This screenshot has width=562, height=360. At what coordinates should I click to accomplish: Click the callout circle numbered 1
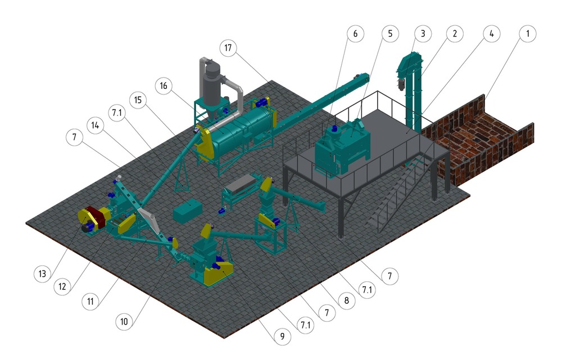[x=527, y=34]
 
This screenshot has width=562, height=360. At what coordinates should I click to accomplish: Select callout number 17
[x=228, y=48]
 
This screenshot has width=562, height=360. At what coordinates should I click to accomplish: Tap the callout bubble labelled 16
[x=164, y=85]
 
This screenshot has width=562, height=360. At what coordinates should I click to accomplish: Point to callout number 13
[x=42, y=274]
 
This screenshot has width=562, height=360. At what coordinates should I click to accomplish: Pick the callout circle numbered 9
[x=282, y=336]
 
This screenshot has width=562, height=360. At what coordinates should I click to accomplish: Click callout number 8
[x=346, y=300]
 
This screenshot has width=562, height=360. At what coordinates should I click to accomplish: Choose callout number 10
[x=124, y=321]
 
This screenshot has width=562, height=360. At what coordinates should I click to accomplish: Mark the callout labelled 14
[x=96, y=125]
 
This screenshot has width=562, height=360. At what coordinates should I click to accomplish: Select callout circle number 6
[x=355, y=34]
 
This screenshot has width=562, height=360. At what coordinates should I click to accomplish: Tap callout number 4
[x=491, y=34]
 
